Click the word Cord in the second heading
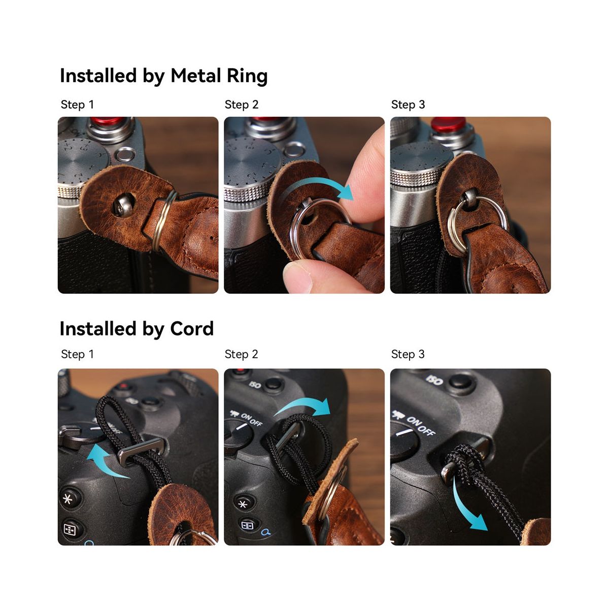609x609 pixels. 192,329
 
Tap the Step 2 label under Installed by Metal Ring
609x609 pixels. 242,105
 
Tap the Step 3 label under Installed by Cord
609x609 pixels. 408,354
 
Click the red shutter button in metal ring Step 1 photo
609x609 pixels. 108,121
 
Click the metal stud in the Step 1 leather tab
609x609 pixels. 123,205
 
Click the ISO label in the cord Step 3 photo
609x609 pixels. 434,380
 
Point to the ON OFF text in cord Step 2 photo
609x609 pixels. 252,419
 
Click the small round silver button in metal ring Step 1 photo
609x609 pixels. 125,155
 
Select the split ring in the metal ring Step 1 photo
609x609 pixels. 164,221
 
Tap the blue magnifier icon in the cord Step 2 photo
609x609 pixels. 266,532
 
